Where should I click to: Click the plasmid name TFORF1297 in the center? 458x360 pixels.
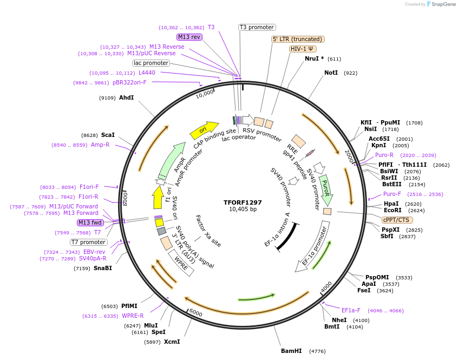243,202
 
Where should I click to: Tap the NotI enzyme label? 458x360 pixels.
331,73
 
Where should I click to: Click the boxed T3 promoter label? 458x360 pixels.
257,27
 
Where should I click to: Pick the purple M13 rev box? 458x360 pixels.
189,37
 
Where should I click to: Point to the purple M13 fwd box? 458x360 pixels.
90,222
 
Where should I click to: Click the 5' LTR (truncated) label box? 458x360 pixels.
298,39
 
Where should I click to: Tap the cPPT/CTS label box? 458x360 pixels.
397,220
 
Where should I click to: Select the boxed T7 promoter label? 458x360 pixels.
89,242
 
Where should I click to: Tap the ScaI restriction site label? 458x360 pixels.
108,135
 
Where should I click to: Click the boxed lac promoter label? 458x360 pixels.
151,63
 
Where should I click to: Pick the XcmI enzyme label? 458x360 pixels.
172,342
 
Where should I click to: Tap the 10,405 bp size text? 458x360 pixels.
243,209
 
